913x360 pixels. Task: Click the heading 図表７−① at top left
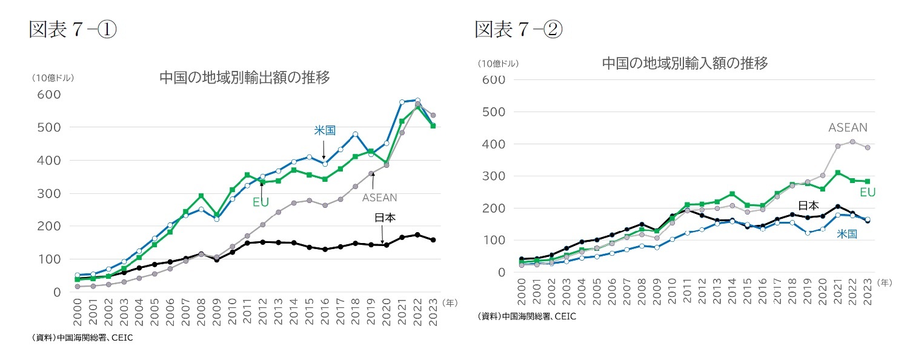coord(73,29)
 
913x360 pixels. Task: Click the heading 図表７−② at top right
coord(518,29)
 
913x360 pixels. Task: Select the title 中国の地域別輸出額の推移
coord(244,78)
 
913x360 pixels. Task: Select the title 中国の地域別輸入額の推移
coord(685,63)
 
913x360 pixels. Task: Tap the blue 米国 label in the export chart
coord(324,130)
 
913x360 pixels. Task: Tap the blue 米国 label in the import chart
coord(846,234)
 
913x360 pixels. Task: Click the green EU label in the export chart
coord(261,202)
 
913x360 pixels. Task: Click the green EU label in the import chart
coord(868,193)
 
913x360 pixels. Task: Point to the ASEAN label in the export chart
coord(379,198)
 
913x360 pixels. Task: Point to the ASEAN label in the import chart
coord(848,128)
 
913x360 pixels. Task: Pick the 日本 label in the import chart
coord(808,205)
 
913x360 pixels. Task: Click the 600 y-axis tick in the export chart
coord(48,95)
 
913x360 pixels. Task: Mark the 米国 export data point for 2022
coord(417,101)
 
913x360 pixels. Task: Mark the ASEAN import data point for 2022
coord(852,142)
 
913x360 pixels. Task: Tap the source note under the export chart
coord(81,338)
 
